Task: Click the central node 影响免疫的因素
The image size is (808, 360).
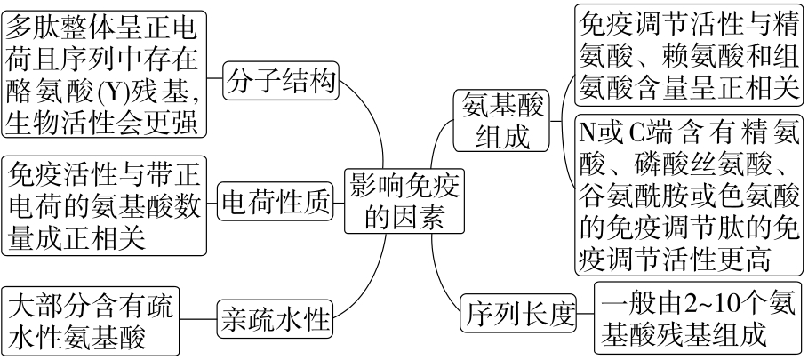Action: [x=402, y=201]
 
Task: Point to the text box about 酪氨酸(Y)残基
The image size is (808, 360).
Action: [x=105, y=74]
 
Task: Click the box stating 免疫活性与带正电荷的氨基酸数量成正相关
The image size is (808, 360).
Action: [x=105, y=205]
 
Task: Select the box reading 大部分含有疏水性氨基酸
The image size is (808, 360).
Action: [x=90, y=321]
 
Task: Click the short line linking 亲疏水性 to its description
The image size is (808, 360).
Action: [x=196, y=317]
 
